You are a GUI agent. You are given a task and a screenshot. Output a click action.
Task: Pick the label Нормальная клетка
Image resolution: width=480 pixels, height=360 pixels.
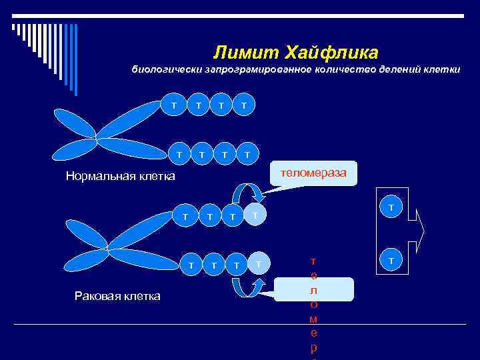(x=120, y=177)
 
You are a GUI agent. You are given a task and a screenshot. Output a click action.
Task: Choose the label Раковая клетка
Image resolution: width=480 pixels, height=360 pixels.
(x=117, y=295)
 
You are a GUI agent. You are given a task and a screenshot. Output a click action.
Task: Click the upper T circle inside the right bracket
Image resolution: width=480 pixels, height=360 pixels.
(x=391, y=208)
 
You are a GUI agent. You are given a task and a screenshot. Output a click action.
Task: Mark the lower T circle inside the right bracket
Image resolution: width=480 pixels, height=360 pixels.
(x=391, y=259)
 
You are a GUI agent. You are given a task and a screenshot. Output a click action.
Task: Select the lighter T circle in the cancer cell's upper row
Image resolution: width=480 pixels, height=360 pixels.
(x=254, y=215)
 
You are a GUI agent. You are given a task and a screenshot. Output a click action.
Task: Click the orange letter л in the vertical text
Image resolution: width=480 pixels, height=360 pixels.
(x=313, y=291)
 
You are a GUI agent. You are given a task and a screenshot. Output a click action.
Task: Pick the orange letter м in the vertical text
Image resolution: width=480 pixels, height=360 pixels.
(x=313, y=319)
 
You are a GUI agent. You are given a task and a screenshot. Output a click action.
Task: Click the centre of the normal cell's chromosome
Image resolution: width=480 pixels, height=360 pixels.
(x=97, y=139)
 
